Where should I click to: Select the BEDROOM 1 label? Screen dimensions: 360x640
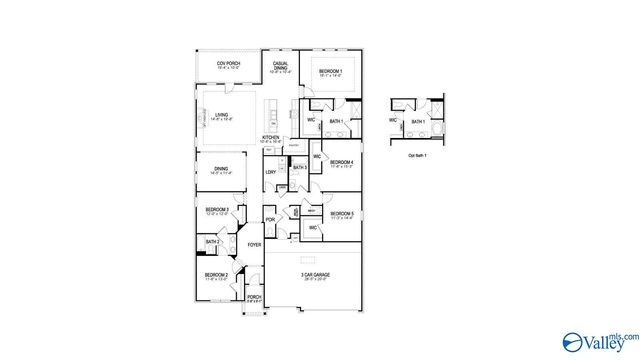330,72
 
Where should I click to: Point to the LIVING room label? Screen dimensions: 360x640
222,116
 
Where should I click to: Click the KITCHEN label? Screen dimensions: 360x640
270,138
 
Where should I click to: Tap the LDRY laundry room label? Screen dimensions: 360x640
270,172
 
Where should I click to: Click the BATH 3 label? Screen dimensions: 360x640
299,167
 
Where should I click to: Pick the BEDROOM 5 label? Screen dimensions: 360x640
343,213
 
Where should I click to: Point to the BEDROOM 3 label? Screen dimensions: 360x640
218,210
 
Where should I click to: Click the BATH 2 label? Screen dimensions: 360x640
212,242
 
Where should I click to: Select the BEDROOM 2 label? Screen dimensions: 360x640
217,275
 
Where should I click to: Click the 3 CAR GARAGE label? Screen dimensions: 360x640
315,275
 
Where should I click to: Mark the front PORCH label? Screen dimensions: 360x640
254,297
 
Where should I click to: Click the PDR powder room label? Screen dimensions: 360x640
270,220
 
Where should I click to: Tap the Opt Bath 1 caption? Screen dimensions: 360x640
417,156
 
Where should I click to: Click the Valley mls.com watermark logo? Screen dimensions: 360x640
600,339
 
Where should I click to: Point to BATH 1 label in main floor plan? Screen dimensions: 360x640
336,122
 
